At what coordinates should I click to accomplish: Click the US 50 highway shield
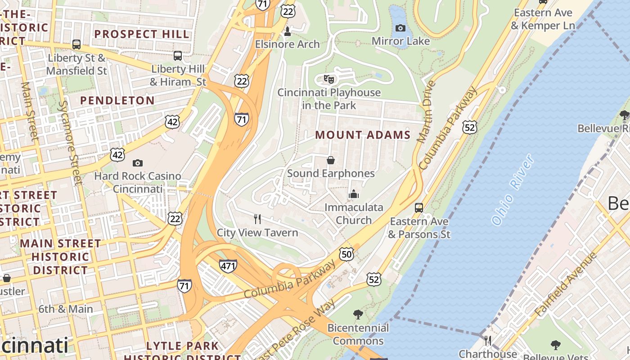pyautogui.click(x=346, y=254)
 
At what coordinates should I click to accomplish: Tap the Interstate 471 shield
pyautogui.click(x=228, y=266)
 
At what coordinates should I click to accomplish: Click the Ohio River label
pyautogui.click(x=513, y=190)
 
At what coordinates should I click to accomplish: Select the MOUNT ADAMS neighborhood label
pyautogui.click(x=363, y=135)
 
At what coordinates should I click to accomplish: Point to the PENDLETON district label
pyautogui.click(x=117, y=100)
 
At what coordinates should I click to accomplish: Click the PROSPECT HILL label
pyautogui.click(x=142, y=34)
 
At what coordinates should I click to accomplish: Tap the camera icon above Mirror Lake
pyautogui.click(x=400, y=28)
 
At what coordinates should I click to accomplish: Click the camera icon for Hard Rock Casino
pyautogui.click(x=138, y=163)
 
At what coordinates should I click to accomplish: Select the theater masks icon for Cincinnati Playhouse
pyautogui.click(x=329, y=80)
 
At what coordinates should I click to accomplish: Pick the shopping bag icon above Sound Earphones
pyautogui.click(x=331, y=160)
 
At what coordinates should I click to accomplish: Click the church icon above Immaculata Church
pyautogui.click(x=354, y=194)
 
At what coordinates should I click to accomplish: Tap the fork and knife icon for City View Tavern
pyautogui.click(x=257, y=219)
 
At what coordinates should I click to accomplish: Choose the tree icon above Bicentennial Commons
pyautogui.click(x=358, y=314)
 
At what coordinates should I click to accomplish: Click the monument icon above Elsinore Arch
pyautogui.click(x=287, y=31)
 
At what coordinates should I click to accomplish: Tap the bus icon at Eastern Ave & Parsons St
pyautogui.click(x=419, y=208)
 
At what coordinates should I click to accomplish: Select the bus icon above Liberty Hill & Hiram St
pyautogui.click(x=178, y=56)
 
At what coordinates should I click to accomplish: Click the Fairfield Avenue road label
pyautogui.click(x=565, y=284)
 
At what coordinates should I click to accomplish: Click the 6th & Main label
pyautogui.click(x=66, y=309)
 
